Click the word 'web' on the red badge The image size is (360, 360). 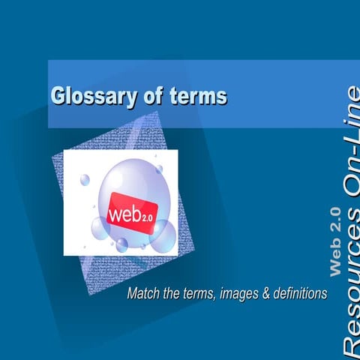(x=124, y=212)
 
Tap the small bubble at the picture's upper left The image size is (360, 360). (x=85, y=180)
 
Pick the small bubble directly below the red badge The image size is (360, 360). (x=121, y=244)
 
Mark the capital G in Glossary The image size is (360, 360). (x=57, y=96)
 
